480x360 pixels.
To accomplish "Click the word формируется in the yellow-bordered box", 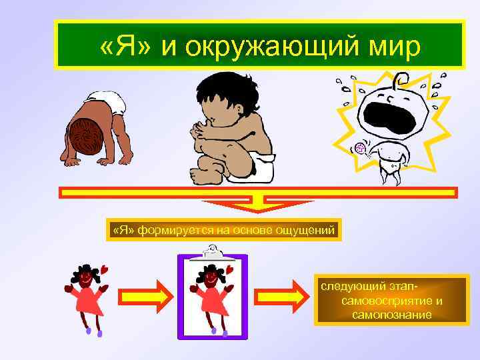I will [167, 230].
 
